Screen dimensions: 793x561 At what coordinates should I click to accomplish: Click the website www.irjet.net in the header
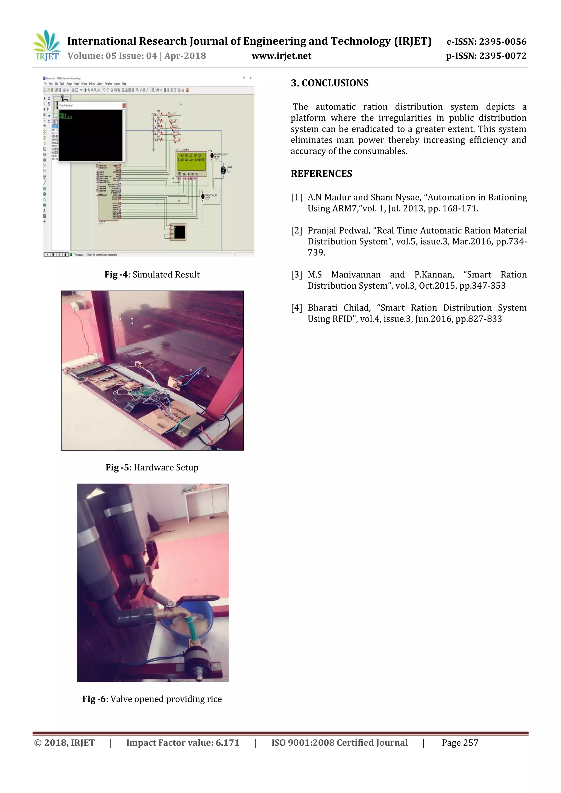click(281, 56)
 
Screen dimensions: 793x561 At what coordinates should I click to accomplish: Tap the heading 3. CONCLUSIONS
click(330, 83)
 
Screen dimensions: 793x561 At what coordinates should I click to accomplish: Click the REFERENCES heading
click(321, 174)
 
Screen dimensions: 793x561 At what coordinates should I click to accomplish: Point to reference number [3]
click(296, 275)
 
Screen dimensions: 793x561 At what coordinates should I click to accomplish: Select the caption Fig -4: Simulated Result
click(152, 275)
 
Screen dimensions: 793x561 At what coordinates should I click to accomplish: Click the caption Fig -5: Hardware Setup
click(152, 468)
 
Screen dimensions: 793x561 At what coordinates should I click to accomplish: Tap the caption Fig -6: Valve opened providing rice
click(152, 699)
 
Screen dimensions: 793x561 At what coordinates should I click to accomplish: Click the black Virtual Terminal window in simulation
click(90, 135)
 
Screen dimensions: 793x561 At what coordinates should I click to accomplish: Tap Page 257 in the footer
click(460, 743)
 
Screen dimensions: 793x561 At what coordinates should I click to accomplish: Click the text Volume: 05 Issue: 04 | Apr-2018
click(137, 56)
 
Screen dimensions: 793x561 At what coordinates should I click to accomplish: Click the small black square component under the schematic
click(180, 232)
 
